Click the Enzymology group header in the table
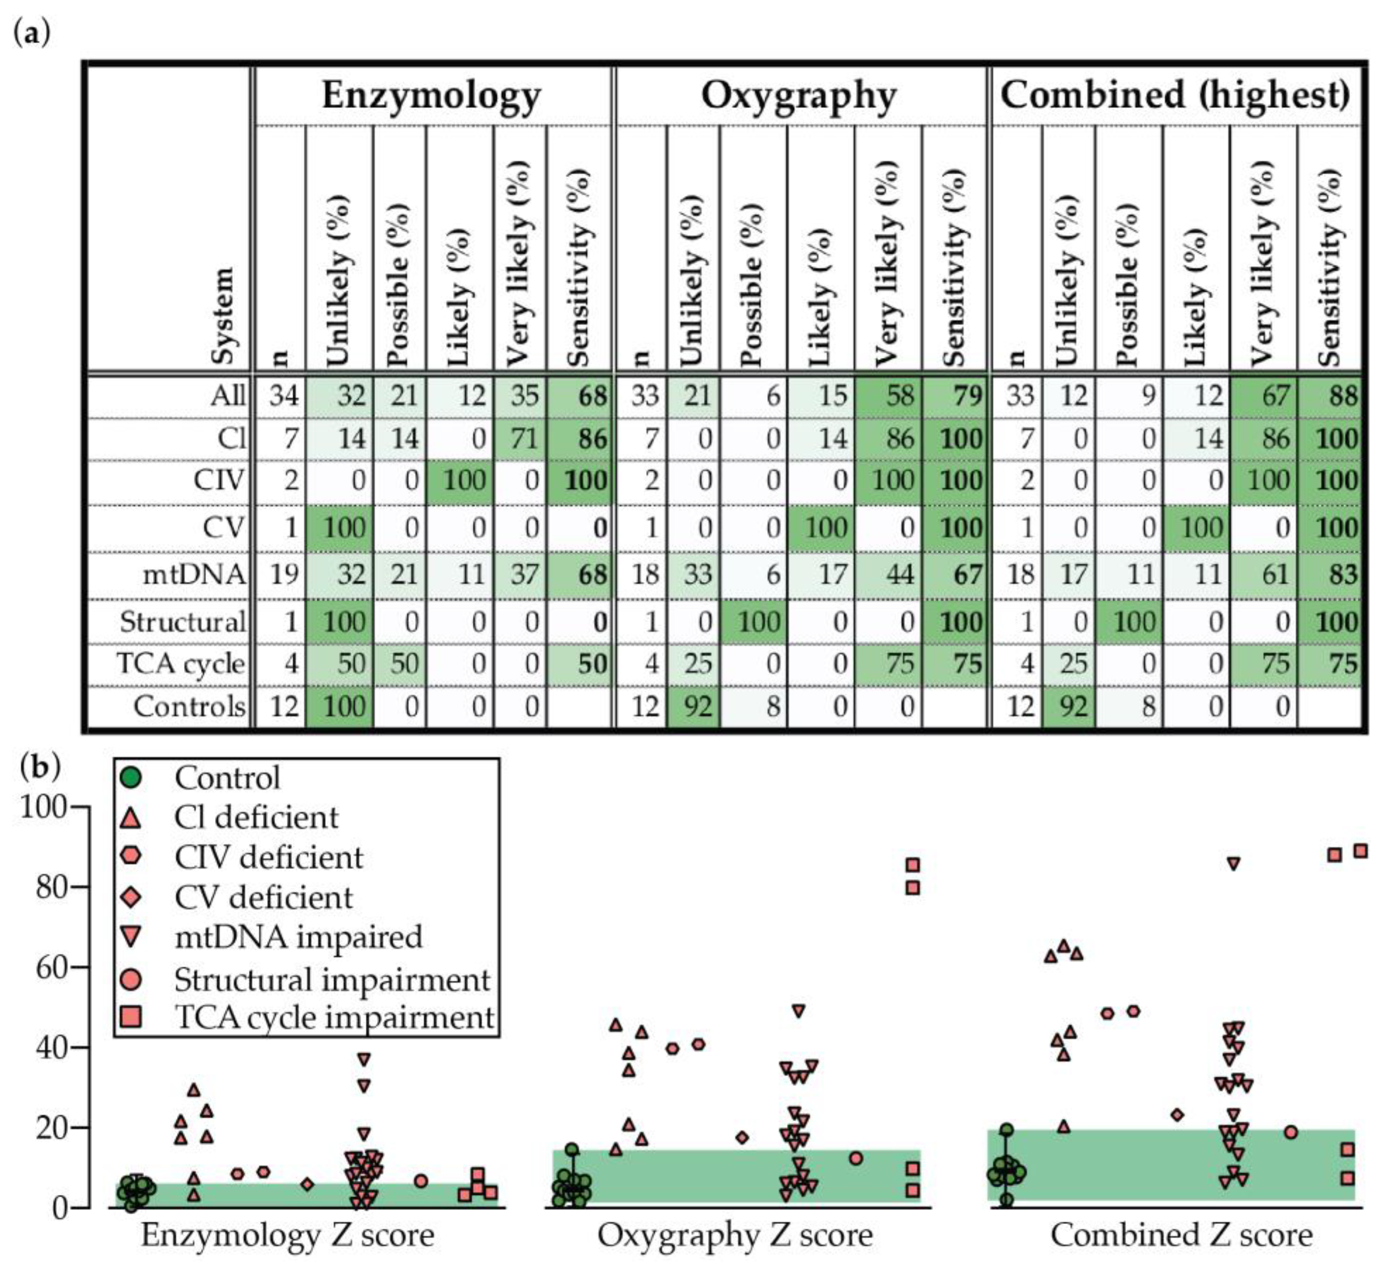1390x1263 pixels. (431, 95)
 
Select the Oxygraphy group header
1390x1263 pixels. (799, 95)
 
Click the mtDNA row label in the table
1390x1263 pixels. (194, 574)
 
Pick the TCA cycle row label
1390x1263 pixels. (181, 663)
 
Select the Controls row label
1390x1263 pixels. (189, 706)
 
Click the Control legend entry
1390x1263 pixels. (228, 778)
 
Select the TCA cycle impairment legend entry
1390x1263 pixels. (334, 1017)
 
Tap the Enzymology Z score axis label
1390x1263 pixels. (287, 1235)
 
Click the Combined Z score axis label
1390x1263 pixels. (1181, 1235)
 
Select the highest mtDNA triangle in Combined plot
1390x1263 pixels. (1234, 863)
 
